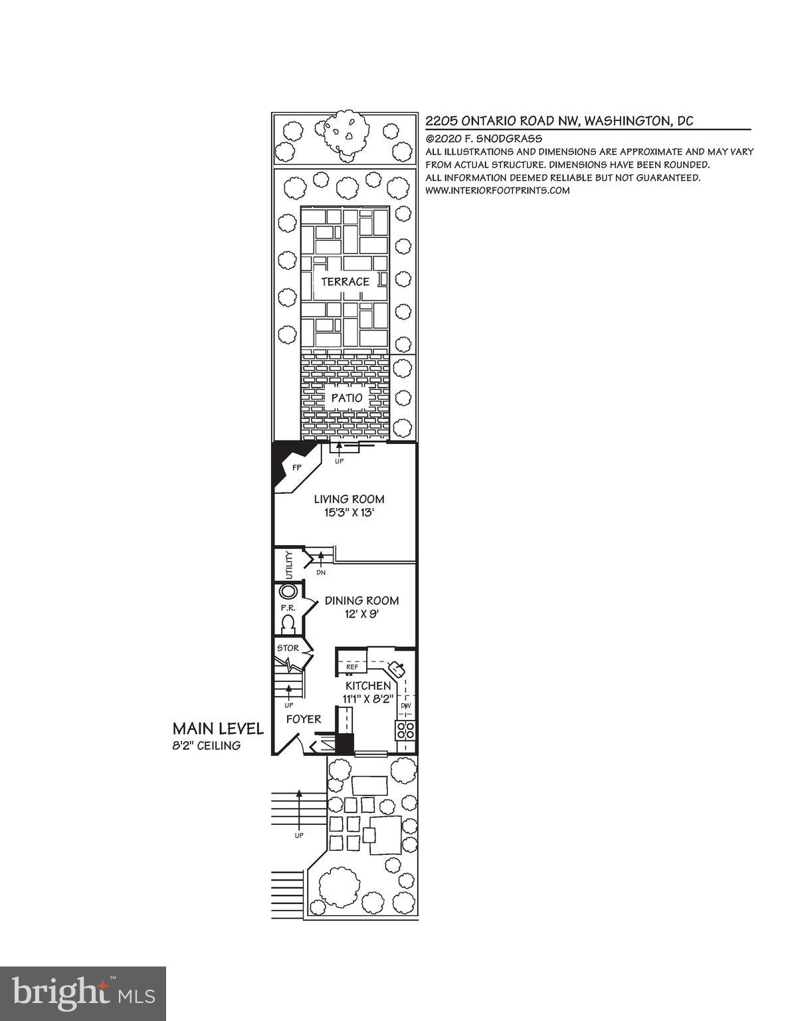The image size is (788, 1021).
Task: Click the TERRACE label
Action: point(345,282)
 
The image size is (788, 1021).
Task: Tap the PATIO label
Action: point(347,398)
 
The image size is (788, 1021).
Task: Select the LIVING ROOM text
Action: point(349,499)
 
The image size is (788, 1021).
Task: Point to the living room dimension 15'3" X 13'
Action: point(349,512)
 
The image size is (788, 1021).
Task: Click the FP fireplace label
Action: point(296,468)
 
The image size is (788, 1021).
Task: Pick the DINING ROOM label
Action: point(361,601)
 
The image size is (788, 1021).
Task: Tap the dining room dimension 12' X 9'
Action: point(361,614)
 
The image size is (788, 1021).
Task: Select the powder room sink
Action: point(288,592)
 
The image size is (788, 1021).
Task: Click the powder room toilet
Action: point(288,624)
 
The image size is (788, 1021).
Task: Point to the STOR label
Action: point(288,648)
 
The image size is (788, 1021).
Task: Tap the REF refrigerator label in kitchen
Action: point(352,666)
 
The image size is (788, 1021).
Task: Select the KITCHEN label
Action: point(368,686)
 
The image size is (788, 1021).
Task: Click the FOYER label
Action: point(304,719)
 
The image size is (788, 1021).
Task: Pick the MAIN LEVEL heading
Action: point(218,729)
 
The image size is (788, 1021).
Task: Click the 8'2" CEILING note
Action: point(207,746)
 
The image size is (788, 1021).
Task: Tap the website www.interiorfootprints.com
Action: point(498,190)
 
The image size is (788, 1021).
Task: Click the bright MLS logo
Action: point(83,993)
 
